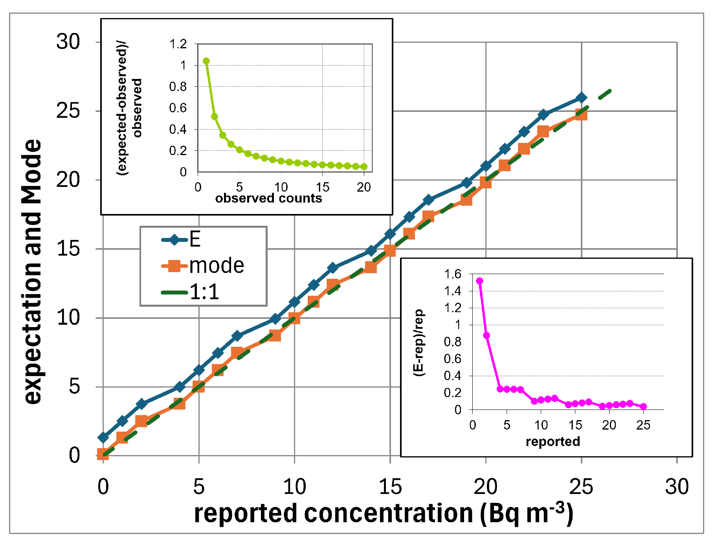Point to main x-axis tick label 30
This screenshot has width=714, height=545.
(x=677, y=487)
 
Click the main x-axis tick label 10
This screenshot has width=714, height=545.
(x=294, y=487)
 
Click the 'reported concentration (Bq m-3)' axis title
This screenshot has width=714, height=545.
(x=384, y=514)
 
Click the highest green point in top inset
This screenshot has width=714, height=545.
(x=206, y=61)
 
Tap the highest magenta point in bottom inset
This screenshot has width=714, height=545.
(x=479, y=281)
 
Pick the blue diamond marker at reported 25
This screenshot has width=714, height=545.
(x=581, y=97)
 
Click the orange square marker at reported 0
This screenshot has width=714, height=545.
(x=103, y=455)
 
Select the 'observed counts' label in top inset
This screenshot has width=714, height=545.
(x=268, y=198)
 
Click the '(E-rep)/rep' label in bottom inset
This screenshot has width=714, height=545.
(x=419, y=342)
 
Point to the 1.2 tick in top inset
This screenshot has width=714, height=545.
(x=178, y=44)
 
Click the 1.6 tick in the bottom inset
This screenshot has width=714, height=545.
(x=452, y=274)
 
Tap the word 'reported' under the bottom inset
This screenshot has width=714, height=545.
(x=552, y=442)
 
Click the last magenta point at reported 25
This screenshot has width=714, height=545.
(x=643, y=406)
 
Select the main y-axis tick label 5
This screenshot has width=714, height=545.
(x=74, y=387)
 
